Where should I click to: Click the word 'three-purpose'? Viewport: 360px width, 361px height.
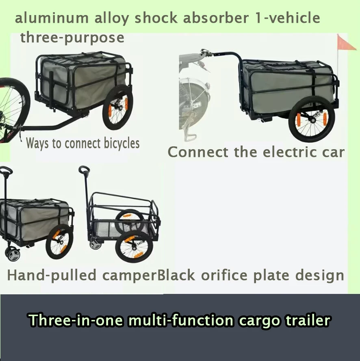pos(72,38)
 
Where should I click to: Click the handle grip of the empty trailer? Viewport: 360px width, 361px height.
pos(85,170)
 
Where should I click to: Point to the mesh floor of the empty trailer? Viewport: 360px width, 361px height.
pos(106,227)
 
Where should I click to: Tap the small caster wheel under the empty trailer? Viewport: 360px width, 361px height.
pos(95,244)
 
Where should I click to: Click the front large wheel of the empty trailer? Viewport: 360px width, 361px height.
pos(134,247)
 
